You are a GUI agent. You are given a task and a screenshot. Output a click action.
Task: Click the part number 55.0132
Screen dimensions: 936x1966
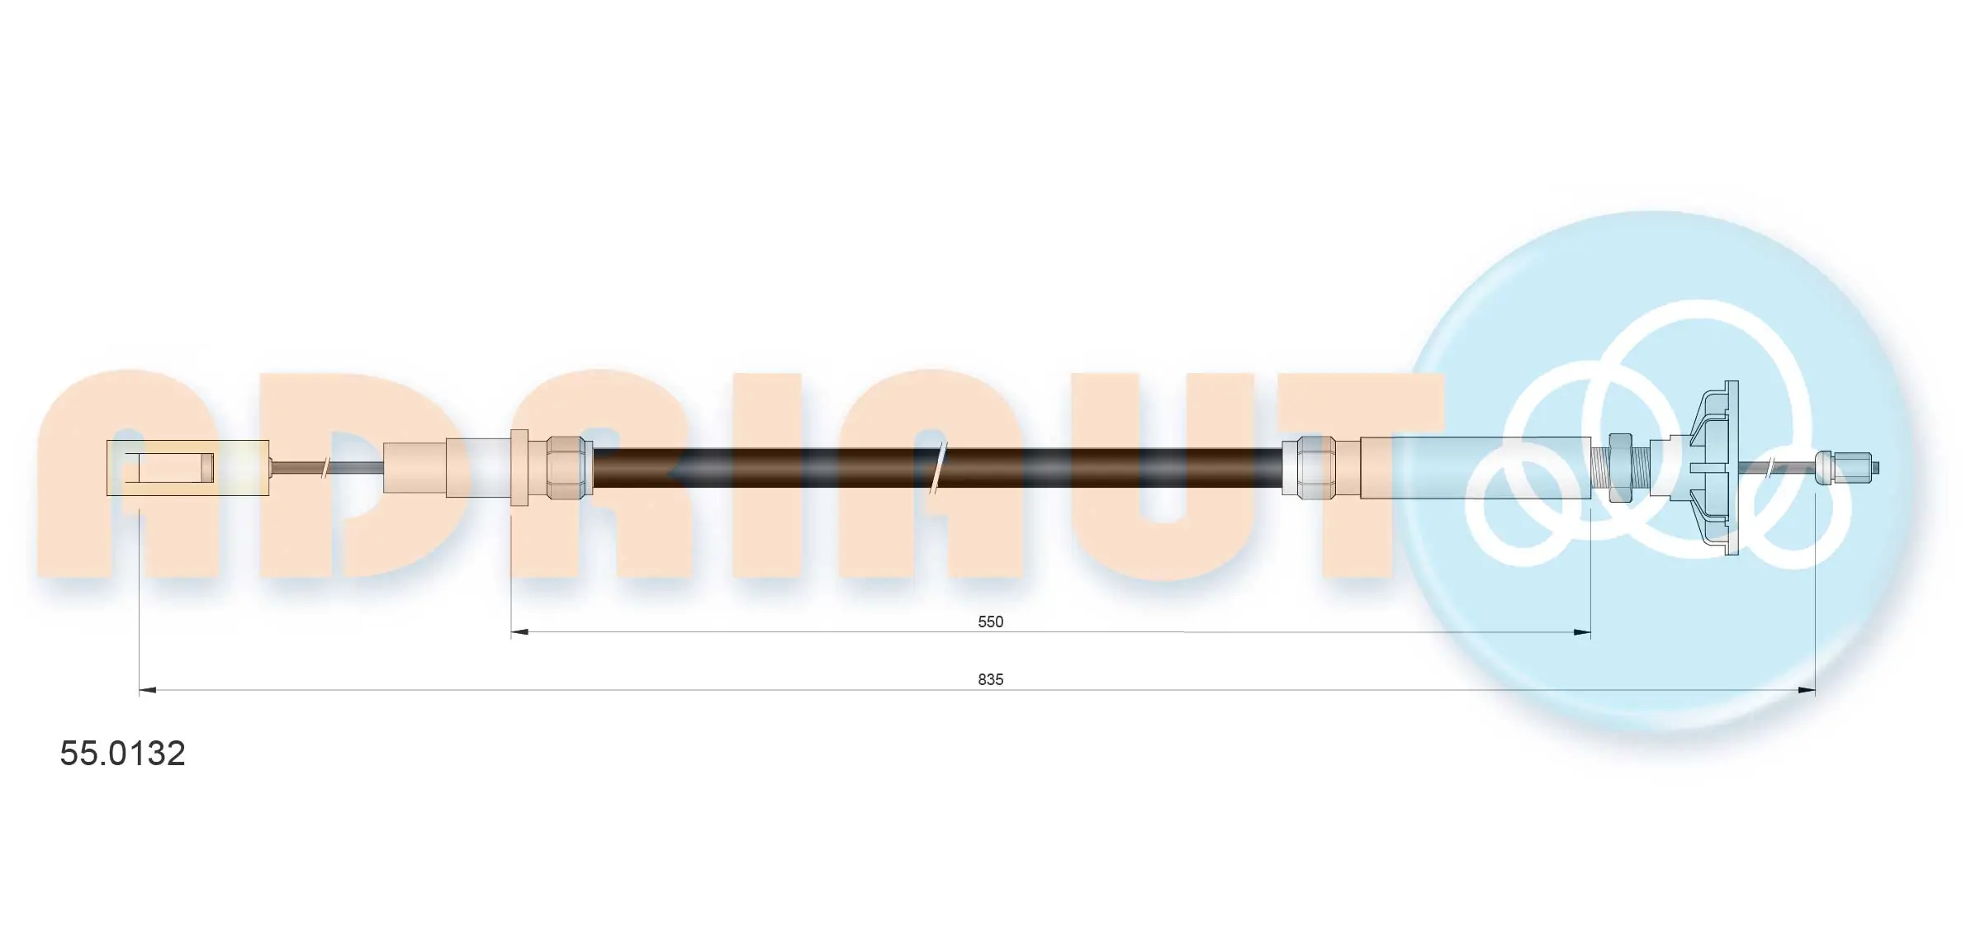click(122, 753)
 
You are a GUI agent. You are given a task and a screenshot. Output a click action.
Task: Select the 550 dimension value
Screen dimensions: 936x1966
click(990, 622)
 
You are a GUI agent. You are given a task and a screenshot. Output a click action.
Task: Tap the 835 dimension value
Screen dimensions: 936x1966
click(990, 679)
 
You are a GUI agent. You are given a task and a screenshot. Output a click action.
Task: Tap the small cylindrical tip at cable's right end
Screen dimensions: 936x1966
click(1848, 467)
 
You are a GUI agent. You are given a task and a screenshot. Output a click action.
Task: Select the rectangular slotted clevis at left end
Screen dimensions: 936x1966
click(187, 468)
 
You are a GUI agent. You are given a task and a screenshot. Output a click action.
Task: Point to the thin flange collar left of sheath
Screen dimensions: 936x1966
click(519, 467)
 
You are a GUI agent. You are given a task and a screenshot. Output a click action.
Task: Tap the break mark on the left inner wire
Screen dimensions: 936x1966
click(326, 468)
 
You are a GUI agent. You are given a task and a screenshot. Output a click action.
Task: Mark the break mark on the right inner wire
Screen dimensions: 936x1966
click(1769, 468)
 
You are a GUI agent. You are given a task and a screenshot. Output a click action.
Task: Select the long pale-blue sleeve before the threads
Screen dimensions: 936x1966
click(1476, 467)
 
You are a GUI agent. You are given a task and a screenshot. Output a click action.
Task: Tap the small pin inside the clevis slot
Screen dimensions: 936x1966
click(207, 468)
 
